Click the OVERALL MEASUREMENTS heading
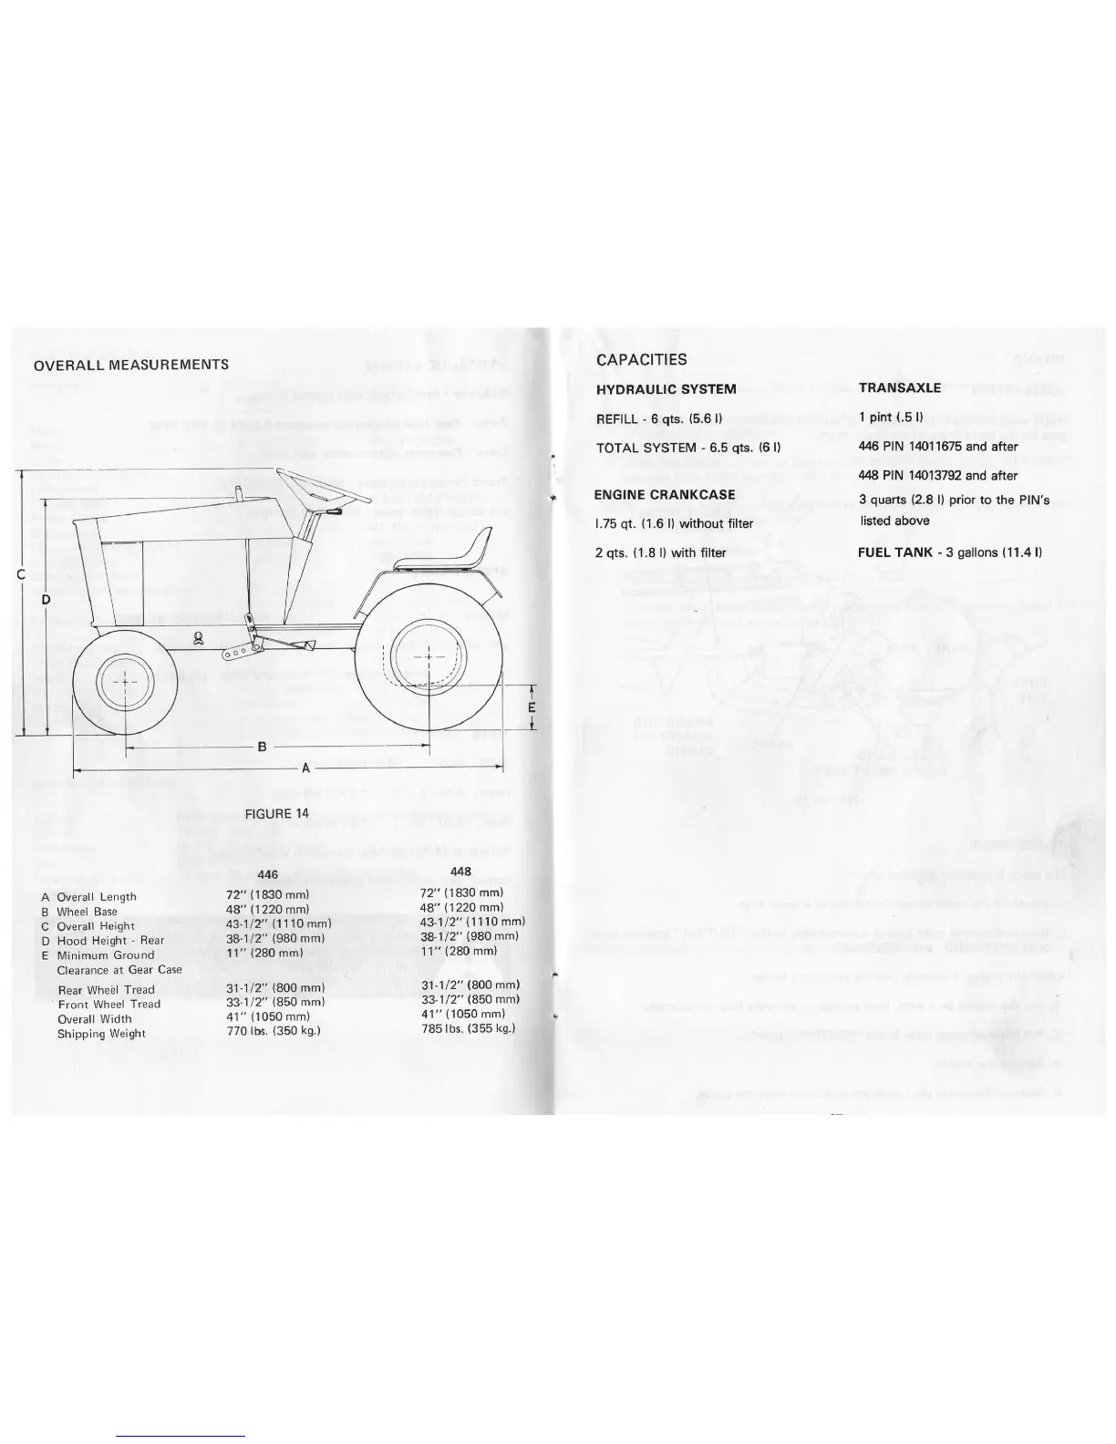130,366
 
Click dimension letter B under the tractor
262,747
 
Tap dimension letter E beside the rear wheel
532,708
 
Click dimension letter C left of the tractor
20,574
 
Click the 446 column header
267,875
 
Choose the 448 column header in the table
460,872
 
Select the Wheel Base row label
87,912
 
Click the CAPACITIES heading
641,359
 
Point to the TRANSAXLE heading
899,387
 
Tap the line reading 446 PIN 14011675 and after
937,447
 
